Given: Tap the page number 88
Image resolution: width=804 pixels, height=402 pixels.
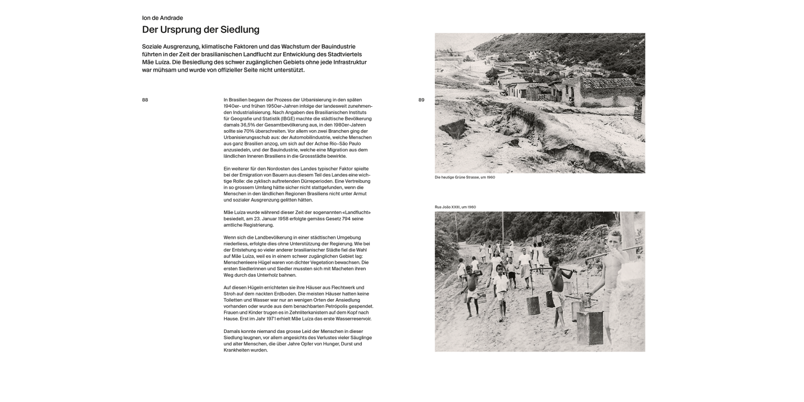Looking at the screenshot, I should pos(145,100).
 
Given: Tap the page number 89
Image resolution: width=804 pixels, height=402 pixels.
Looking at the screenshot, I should pos(421,100).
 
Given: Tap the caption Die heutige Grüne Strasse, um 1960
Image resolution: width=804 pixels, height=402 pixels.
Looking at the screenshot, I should pos(465,177).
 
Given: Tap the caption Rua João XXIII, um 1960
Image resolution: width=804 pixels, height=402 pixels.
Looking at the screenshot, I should pos(455,207).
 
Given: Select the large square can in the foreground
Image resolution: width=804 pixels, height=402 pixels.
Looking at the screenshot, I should pos(590,327).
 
